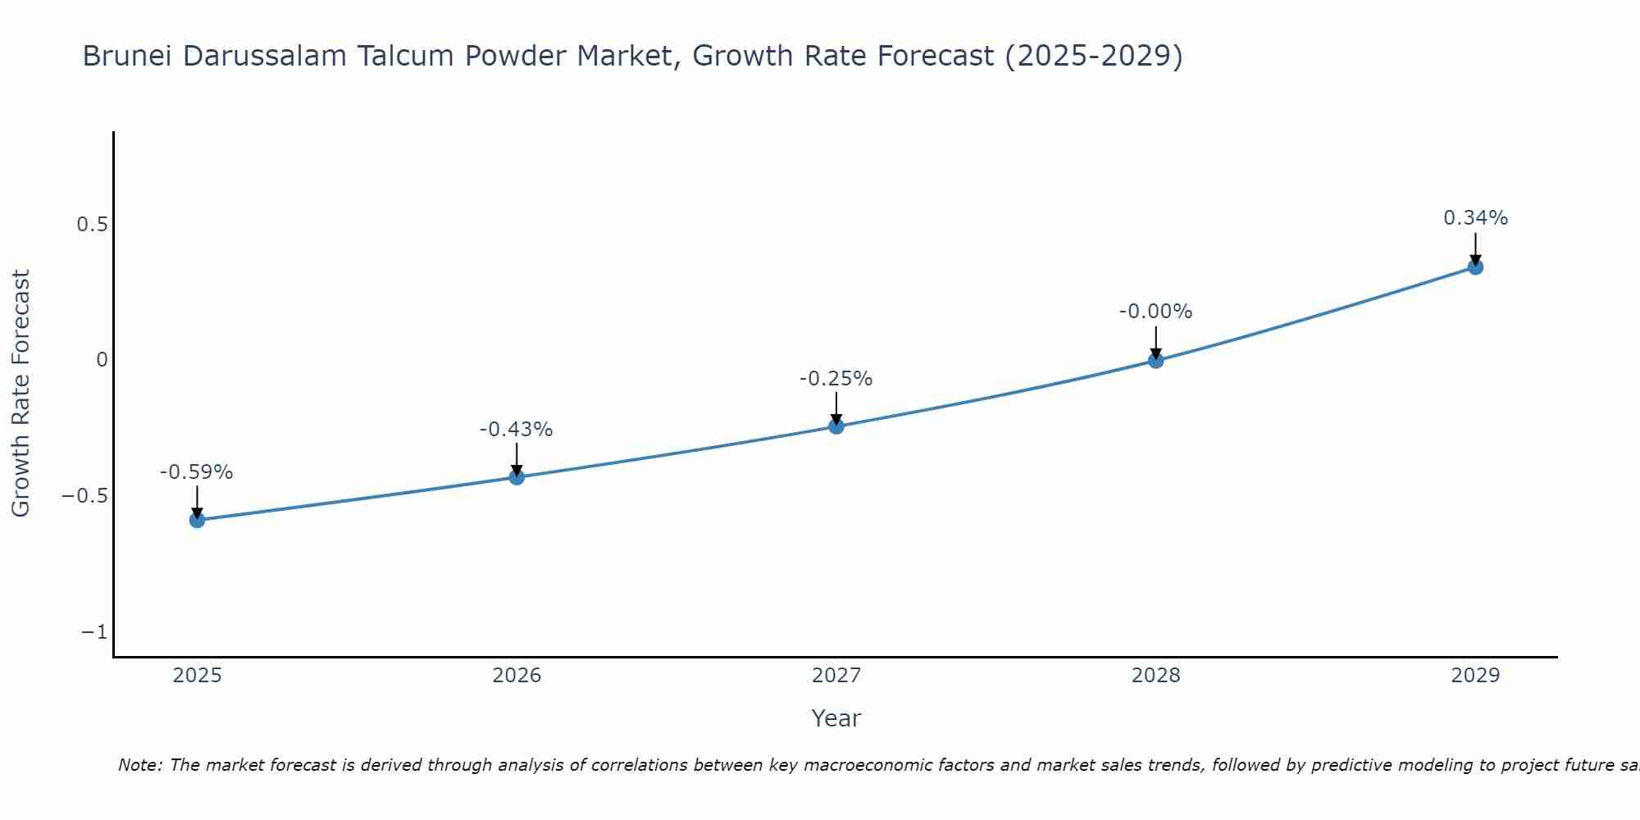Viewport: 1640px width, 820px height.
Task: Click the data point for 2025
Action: pyautogui.click(x=197, y=520)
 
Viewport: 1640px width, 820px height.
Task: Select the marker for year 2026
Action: pyautogui.click(x=517, y=476)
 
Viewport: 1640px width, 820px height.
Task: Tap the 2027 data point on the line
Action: pyautogui.click(x=836, y=426)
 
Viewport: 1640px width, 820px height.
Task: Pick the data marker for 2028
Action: pyautogui.click(x=1155, y=360)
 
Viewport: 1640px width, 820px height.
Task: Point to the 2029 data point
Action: pyautogui.click(x=1475, y=266)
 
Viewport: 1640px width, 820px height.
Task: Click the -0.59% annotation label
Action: pyautogui.click(x=196, y=472)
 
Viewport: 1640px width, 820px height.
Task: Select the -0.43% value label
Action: pyautogui.click(x=516, y=430)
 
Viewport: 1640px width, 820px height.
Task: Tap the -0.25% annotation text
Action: pyautogui.click(x=836, y=379)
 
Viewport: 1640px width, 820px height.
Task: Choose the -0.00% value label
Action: pyautogui.click(x=1155, y=312)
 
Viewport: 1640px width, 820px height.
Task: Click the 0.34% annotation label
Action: pyautogui.click(x=1475, y=218)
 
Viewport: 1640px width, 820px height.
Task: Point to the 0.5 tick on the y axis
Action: pyautogui.click(x=92, y=224)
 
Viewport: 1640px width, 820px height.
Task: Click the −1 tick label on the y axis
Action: pyautogui.click(x=94, y=632)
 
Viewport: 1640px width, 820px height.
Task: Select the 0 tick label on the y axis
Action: pyautogui.click(x=102, y=360)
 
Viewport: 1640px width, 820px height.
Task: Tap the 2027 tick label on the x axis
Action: pyautogui.click(x=836, y=676)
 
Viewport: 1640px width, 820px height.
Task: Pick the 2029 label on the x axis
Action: pyautogui.click(x=1475, y=676)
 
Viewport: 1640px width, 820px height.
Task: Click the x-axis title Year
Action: pyautogui.click(x=836, y=718)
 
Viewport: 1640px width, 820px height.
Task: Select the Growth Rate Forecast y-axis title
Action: pyautogui.click(x=20, y=394)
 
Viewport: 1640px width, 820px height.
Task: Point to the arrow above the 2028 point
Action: pyautogui.click(x=1155, y=341)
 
